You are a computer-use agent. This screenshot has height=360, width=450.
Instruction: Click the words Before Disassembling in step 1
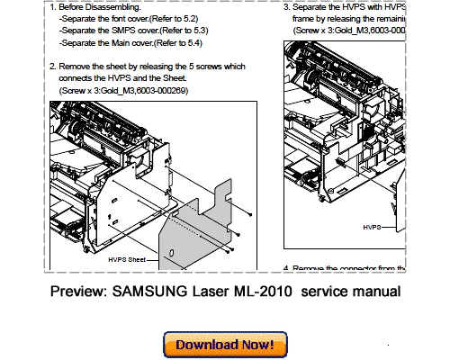point(101,6)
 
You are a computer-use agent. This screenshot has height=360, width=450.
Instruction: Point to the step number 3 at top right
point(286,6)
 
